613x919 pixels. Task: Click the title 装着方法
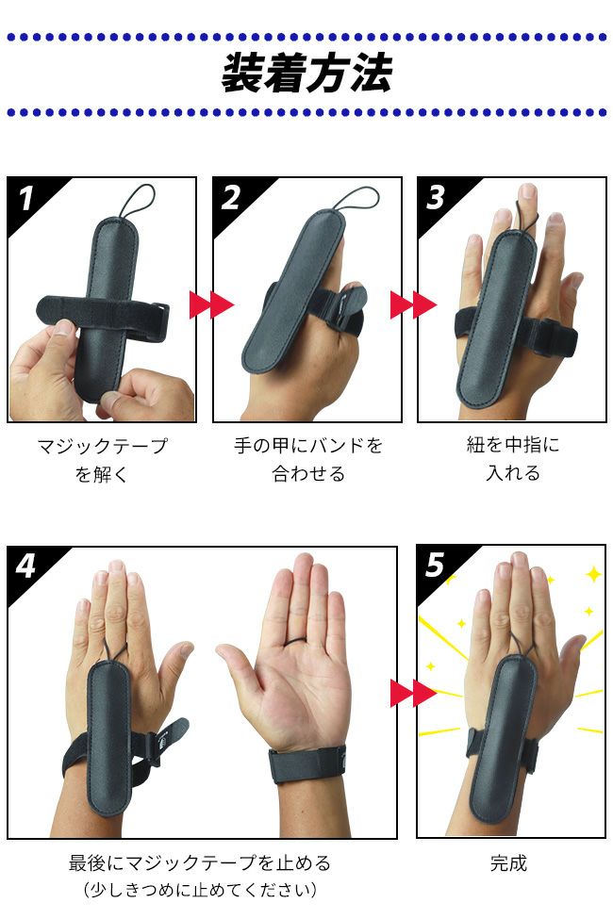306,74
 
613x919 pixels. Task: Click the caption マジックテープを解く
102,460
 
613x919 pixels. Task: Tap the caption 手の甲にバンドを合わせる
308,460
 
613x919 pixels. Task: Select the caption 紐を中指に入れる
513,459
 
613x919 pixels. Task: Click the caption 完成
508,862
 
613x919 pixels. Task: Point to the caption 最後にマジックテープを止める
199,862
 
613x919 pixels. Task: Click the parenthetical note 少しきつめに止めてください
200,890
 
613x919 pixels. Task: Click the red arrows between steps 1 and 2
211,304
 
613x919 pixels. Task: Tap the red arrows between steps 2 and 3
414,304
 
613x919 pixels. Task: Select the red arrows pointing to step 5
414,694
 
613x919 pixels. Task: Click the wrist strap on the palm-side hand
307,763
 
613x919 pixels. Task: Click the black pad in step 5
504,737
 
